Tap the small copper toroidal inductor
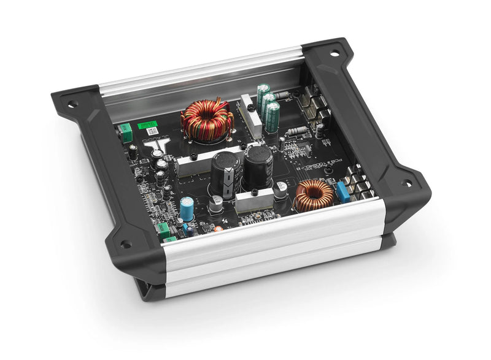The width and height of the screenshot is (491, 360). (x=314, y=195)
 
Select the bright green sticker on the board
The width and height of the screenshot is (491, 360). (x=147, y=125)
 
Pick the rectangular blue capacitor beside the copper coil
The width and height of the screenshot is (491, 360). (x=342, y=192)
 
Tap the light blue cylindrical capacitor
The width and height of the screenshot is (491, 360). (x=187, y=205)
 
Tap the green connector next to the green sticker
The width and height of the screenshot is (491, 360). (x=126, y=132)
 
